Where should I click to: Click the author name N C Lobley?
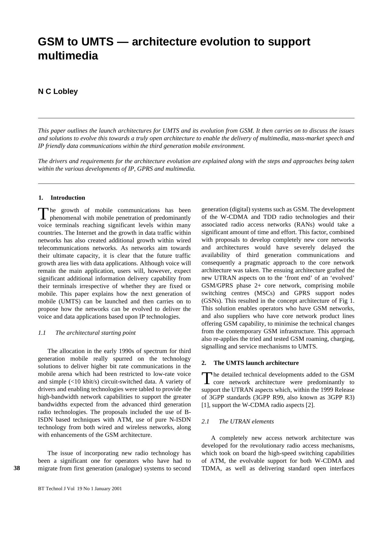point(58,91)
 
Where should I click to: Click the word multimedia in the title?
point(68,56)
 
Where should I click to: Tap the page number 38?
point(17,468)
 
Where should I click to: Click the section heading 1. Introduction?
point(62,198)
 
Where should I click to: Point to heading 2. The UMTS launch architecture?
point(250,363)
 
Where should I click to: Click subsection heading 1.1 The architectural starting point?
point(87,333)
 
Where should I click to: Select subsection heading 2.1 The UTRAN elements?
point(237,421)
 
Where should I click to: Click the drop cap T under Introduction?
point(43,214)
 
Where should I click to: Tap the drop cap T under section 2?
point(207,378)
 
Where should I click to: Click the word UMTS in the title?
point(97,42)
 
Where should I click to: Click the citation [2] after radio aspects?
point(310,405)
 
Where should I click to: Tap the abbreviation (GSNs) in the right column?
point(210,301)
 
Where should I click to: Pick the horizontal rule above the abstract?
point(196,118)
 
